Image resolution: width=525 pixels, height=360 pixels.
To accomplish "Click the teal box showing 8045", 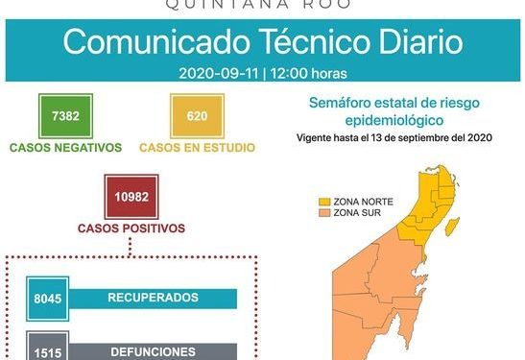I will [46, 299].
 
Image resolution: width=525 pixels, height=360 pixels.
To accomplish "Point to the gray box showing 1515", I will [46, 350].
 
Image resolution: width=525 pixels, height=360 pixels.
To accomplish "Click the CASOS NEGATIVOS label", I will [65, 148].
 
